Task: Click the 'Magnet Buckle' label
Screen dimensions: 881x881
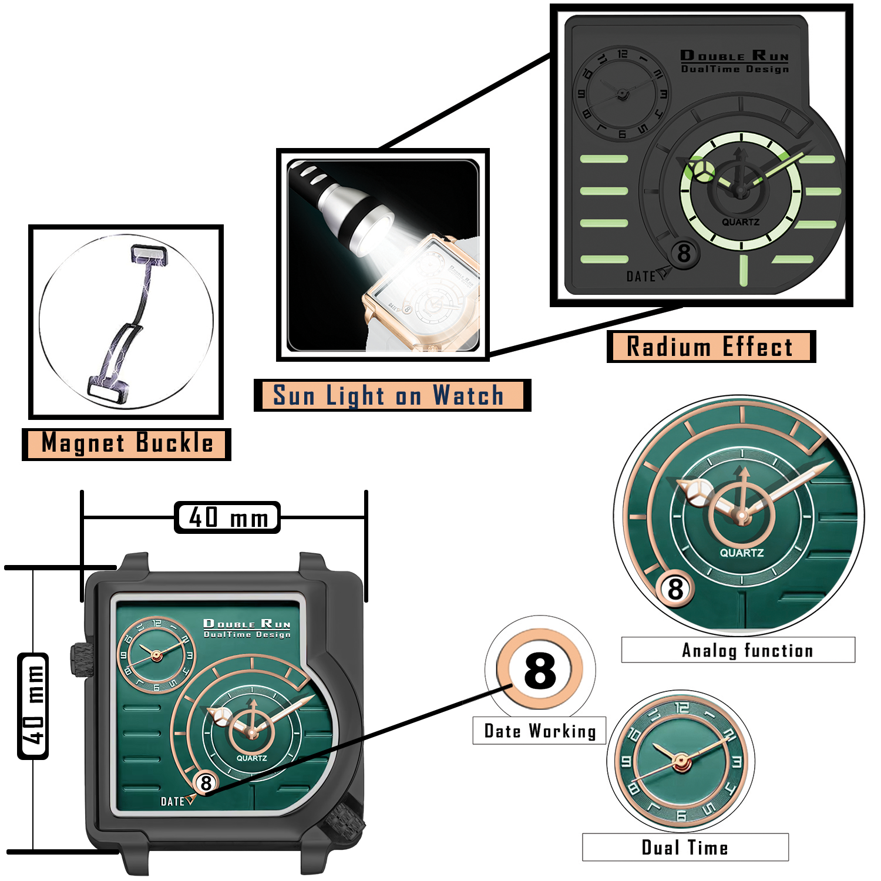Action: (x=126, y=443)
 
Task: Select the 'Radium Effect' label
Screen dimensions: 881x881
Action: (x=710, y=347)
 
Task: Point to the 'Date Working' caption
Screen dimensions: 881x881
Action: (x=539, y=731)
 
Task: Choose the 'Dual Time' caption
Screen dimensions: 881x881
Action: (x=685, y=848)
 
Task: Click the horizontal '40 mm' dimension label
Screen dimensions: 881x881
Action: (x=228, y=517)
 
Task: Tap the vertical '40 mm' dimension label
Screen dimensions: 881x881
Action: (x=33, y=705)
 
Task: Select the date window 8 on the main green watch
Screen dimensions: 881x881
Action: (x=206, y=782)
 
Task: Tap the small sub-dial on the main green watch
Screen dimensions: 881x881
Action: (x=156, y=655)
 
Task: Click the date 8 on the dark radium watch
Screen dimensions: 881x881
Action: (x=684, y=254)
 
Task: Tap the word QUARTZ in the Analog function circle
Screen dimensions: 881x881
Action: (x=742, y=553)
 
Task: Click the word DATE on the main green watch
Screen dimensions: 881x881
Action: (x=172, y=802)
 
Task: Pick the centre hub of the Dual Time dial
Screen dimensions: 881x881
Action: (x=681, y=762)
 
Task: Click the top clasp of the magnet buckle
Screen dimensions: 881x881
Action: (x=148, y=255)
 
